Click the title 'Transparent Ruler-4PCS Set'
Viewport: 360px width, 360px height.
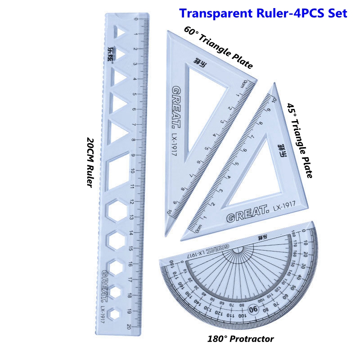coord(263,13)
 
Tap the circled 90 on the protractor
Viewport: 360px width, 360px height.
coord(252,309)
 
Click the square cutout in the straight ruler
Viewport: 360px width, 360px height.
coord(118,171)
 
